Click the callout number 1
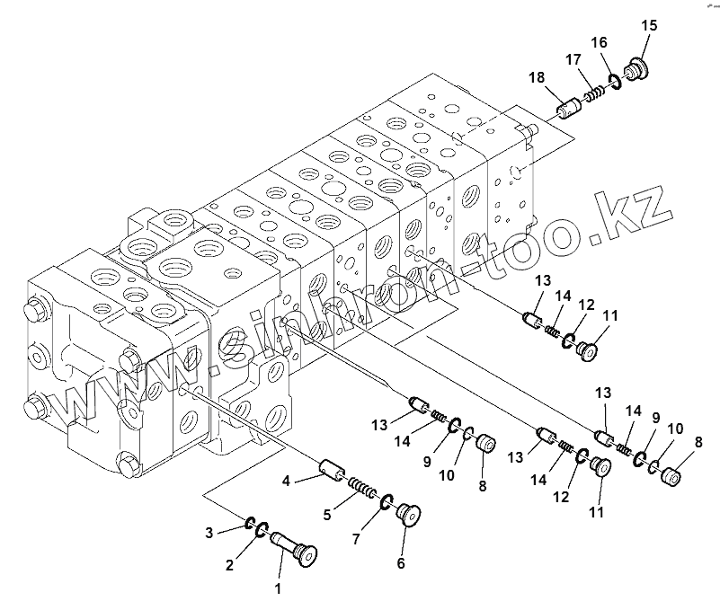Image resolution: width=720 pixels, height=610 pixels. point(278,589)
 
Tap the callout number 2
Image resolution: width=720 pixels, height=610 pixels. point(230,565)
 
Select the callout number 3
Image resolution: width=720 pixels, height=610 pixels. point(209,534)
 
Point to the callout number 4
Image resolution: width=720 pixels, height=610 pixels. point(286,482)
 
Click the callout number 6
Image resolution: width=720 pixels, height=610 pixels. point(401,563)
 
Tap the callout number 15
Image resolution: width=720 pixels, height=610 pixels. point(649,25)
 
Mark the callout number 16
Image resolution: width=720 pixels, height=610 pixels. point(600,42)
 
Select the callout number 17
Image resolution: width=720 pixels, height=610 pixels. point(572,60)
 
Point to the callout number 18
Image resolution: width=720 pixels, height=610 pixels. point(537,79)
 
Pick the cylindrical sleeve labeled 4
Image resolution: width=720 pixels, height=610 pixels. point(332,468)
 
